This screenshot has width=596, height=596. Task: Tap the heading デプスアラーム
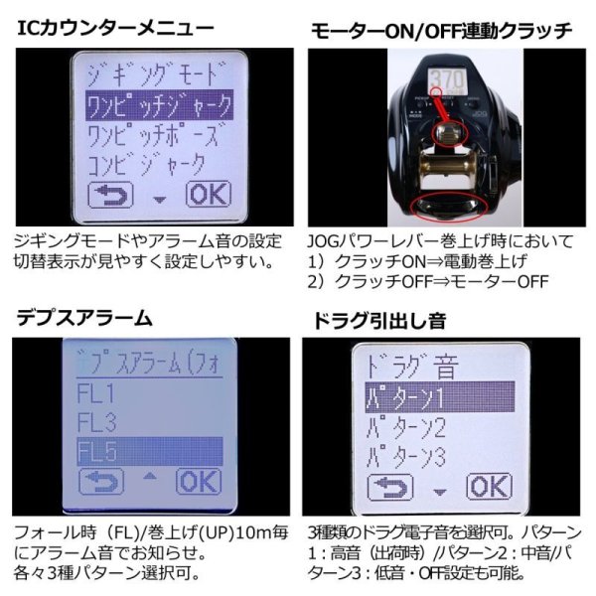pos(84,318)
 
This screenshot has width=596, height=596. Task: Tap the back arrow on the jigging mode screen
pos(110,193)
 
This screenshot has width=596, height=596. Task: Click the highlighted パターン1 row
pos(437,398)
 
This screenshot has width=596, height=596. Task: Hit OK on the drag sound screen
pos(488,486)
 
